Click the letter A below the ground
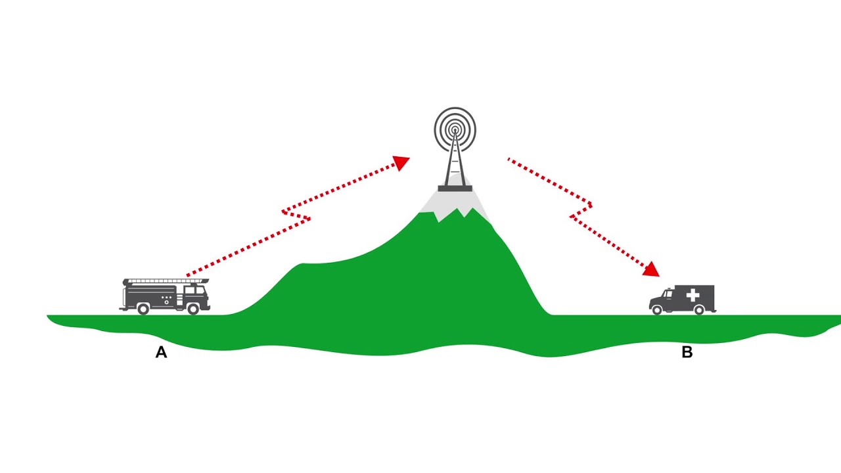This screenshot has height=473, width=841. [x=161, y=353]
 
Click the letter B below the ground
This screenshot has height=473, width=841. [x=687, y=353]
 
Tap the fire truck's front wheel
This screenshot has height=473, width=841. [x=193, y=308]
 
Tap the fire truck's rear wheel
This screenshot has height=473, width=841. [x=143, y=308]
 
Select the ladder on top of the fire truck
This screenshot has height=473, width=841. [x=166, y=281]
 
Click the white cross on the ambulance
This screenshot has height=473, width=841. [x=693, y=296]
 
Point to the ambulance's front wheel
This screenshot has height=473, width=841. [x=656, y=310]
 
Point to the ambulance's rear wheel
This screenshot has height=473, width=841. [x=699, y=310]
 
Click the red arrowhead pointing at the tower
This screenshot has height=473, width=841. [x=401, y=162]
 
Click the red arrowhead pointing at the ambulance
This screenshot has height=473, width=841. [x=651, y=268]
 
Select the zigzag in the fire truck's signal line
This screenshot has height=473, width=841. [x=296, y=215]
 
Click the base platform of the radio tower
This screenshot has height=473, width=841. [x=455, y=189]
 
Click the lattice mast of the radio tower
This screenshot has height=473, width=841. [x=455, y=164]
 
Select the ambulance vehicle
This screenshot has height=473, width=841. [x=683, y=300]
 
